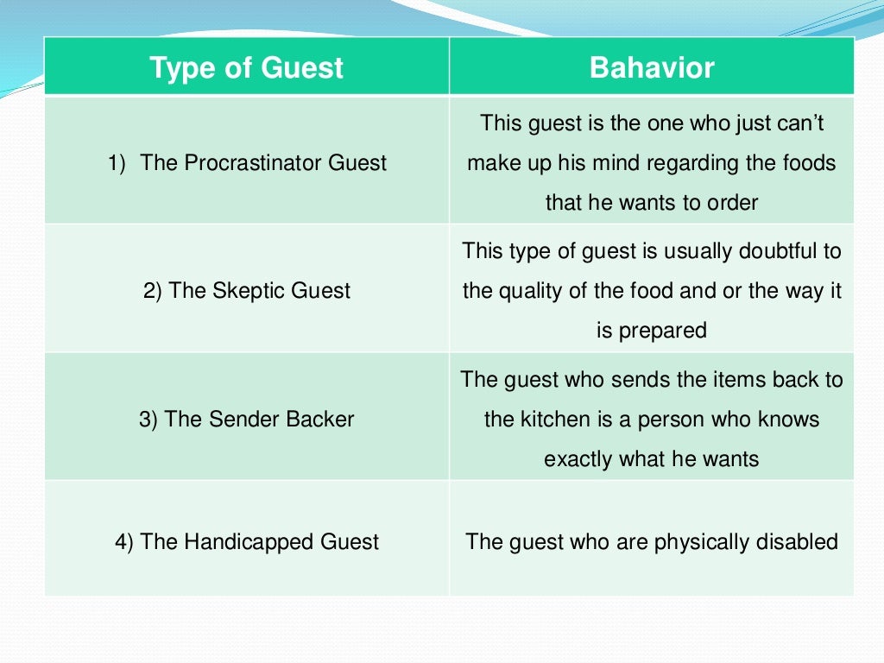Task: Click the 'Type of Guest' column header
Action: (246, 68)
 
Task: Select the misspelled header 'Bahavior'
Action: (652, 68)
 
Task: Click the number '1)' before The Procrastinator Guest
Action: (117, 162)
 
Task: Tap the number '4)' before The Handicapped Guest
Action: (124, 542)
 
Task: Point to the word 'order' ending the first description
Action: (730, 203)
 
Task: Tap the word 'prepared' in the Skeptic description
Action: (664, 330)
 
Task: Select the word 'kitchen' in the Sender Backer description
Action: (553, 420)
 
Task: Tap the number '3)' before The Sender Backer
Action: (148, 420)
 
